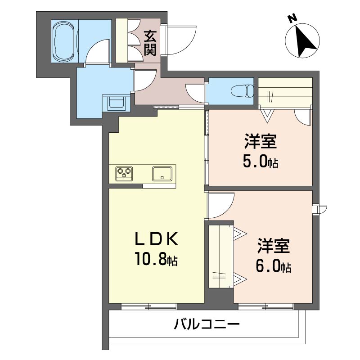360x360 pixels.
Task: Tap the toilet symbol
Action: coord(242,91)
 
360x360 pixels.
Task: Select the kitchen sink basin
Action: coord(162,174)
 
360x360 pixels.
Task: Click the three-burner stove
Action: coord(124,174)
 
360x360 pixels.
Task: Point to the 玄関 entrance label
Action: coord(150,43)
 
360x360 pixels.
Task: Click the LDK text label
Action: coord(156,239)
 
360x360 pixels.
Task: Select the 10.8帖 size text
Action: coord(156,259)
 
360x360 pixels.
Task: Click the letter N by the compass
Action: coord(292,18)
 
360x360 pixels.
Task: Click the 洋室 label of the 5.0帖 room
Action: coord(261,141)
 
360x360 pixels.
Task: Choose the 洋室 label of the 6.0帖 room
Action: coord(274,246)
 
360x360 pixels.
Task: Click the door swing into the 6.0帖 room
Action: coord(221,205)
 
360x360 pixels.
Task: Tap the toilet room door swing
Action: coord(195,94)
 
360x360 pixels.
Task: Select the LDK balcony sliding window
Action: coord(149,306)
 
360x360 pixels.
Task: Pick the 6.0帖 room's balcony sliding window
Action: coord(266,306)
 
